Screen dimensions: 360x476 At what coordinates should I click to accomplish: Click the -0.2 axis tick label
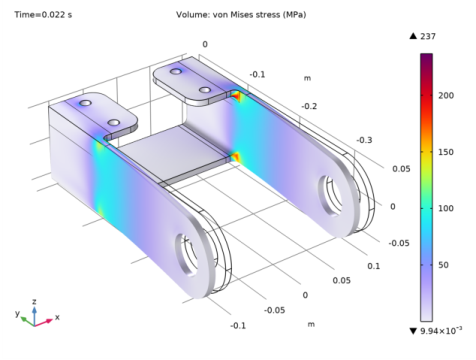(311, 106)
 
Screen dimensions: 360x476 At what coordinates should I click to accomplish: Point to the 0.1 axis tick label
(374, 265)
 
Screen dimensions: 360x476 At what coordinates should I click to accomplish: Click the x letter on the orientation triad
(58, 316)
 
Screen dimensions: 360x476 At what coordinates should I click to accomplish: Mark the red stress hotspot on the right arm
(236, 157)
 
